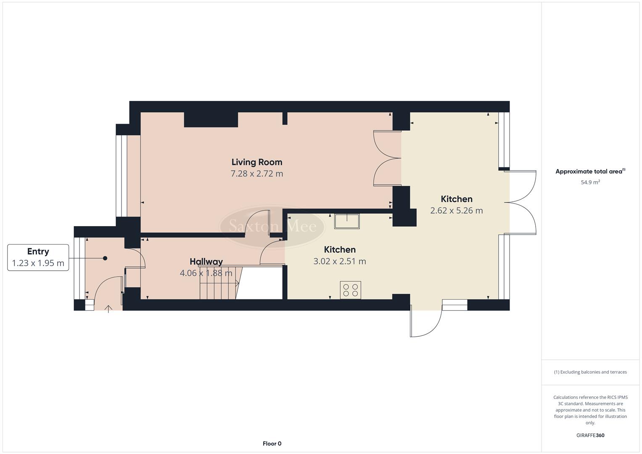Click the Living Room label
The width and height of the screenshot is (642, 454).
[256, 162]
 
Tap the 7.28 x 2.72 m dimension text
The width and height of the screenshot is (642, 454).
[256, 174]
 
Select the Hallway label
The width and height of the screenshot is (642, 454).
[206, 261]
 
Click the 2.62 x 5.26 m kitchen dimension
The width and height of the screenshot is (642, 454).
[456, 211]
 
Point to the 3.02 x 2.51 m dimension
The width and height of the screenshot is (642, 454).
[339, 261]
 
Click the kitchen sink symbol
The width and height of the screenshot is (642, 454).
[347, 221]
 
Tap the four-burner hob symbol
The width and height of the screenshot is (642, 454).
[350, 290]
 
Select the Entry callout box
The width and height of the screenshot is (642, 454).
[38, 257]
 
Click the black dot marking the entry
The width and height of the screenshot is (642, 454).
[105, 258]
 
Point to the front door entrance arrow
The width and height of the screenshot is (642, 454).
[108, 309]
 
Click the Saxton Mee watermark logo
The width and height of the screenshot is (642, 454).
[272, 227]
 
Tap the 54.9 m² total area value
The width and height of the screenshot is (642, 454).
[590, 182]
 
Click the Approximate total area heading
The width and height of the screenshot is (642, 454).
[590, 172]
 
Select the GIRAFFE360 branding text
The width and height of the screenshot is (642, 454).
[590, 436]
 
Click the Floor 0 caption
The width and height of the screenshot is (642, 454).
[272, 443]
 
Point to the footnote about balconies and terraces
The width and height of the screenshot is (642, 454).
[590, 372]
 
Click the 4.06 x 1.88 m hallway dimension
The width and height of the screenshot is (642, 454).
[206, 273]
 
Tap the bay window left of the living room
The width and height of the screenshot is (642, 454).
[122, 176]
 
